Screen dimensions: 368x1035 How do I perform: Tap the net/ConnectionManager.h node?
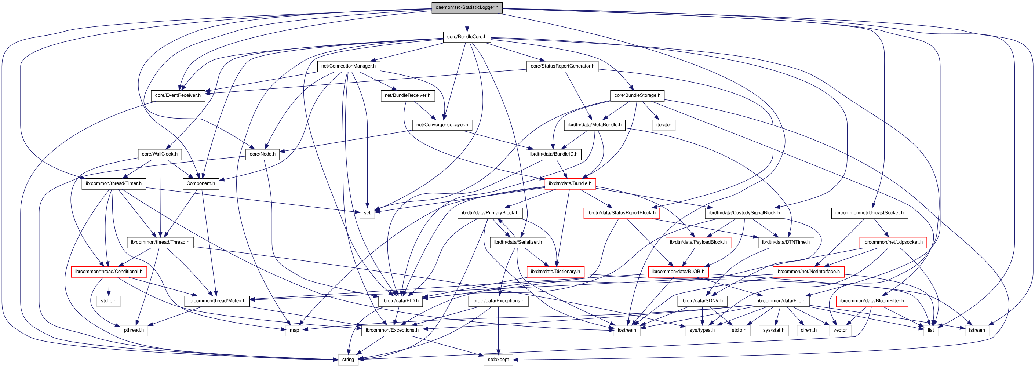[348, 66]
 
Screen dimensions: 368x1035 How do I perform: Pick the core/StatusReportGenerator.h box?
[562, 66]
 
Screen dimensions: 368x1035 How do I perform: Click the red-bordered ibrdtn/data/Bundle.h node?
[570, 183]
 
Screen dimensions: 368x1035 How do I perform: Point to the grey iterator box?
[663, 124]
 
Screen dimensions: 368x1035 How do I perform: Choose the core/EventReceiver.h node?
[178, 95]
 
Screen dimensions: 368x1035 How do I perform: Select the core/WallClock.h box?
[160, 154]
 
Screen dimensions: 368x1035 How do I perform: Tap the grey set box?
[367, 212]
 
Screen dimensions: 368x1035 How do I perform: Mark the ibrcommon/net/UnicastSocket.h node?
[869, 212]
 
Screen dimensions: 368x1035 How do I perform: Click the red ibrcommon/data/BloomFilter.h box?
[871, 300]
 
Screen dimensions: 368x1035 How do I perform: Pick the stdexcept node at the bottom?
[498, 359]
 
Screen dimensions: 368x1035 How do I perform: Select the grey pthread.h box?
[134, 330]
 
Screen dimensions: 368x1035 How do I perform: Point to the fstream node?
[976, 330]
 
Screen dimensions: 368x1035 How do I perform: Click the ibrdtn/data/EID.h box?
[400, 300]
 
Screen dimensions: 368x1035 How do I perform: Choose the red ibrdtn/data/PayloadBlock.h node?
[698, 242]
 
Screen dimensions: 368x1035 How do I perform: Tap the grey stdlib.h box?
[109, 300]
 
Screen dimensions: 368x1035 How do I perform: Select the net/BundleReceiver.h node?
[407, 95]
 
